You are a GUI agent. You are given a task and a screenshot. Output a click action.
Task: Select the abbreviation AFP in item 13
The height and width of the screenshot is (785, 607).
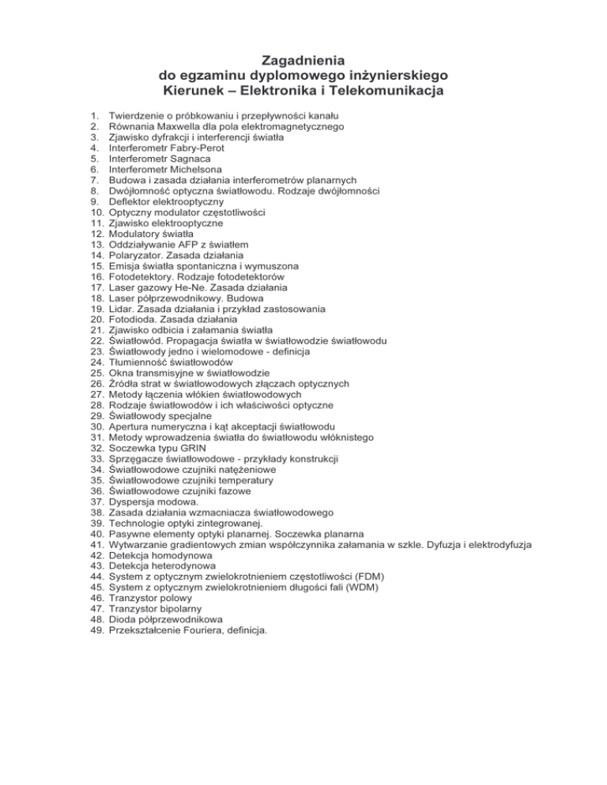pos(190,245)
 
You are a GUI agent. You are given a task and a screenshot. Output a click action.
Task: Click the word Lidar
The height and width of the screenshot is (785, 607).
pos(123,309)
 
